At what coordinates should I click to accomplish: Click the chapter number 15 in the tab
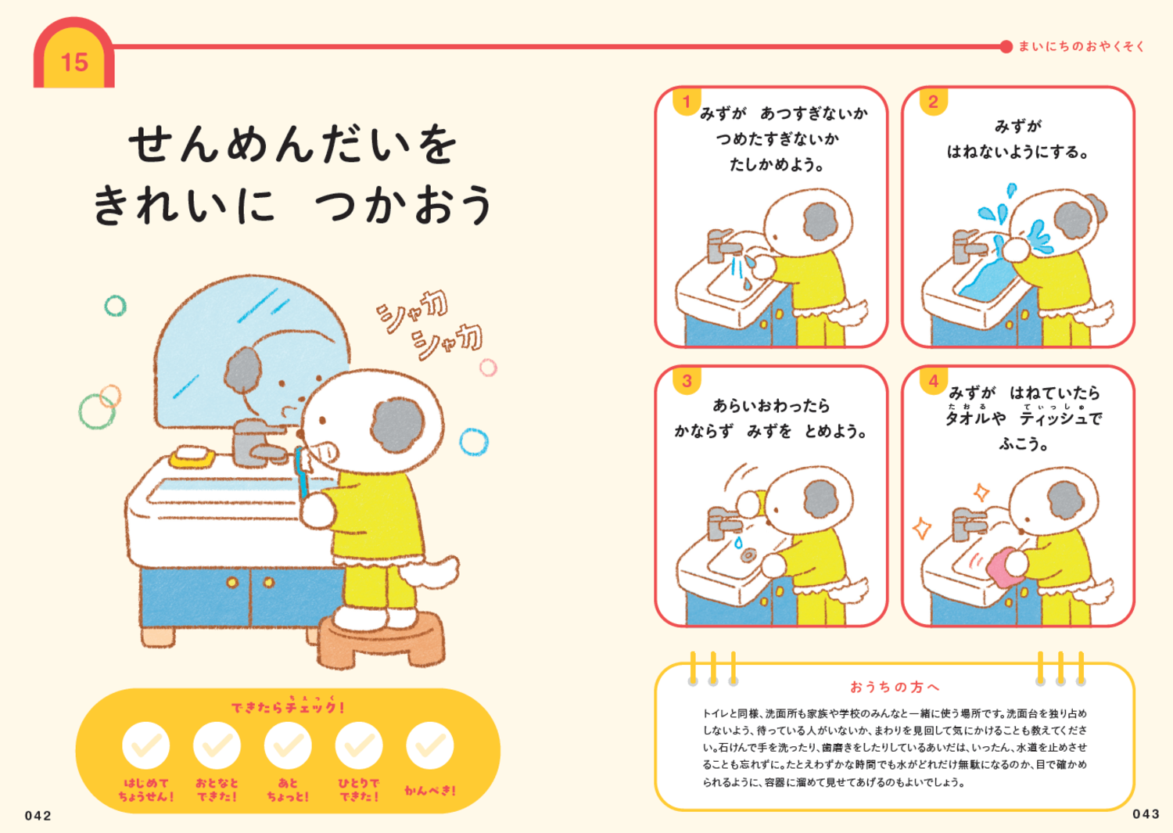coord(74,62)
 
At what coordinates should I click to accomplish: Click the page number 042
coord(38,816)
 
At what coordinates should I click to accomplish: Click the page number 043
coord(1146,814)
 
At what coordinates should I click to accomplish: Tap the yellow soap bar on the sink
coord(192,456)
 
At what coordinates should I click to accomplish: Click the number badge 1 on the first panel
coord(687,102)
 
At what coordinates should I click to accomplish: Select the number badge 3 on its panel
coord(687,381)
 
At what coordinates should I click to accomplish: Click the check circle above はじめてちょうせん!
coord(145,745)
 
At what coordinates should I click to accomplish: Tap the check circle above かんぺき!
coord(429,745)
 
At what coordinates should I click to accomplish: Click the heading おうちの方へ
coord(895,687)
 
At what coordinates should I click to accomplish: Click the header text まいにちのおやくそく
coord(1082,47)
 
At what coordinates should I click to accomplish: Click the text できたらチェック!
coord(287,707)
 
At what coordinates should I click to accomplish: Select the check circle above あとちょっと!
coord(288,745)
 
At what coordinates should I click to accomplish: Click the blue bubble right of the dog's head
coord(473,442)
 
